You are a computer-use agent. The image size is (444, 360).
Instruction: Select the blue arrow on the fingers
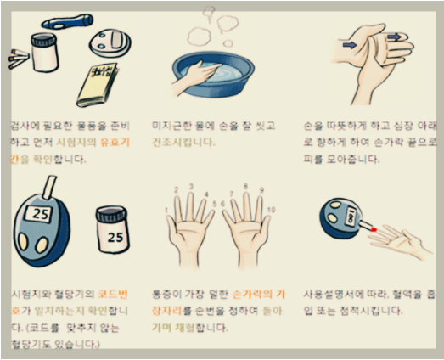click(396, 37)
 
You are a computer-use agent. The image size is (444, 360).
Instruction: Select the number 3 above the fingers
click(191, 186)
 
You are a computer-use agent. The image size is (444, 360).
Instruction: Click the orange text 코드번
click(113, 294)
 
